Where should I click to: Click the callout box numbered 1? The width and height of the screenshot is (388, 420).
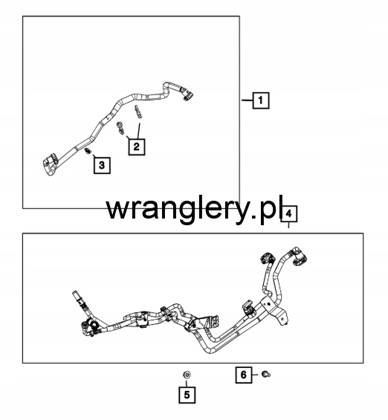(261, 100)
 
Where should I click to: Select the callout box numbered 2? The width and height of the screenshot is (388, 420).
(137, 146)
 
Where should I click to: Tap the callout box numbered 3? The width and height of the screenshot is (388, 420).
(102, 165)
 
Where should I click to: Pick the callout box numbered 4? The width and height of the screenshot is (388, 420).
(288, 214)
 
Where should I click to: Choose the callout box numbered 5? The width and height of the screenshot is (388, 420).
(187, 395)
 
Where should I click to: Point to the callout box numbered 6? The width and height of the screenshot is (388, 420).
(244, 375)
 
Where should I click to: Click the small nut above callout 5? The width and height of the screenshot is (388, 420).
(187, 375)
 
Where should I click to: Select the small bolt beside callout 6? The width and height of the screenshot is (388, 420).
(266, 374)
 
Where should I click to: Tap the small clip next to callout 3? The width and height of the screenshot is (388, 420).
(87, 151)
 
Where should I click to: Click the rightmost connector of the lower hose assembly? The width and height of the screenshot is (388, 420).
(300, 259)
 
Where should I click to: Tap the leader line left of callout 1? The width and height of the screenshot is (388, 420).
(248, 100)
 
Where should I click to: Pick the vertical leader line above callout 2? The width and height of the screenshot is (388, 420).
(139, 131)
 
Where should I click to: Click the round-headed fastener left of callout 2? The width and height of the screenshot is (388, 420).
(120, 128)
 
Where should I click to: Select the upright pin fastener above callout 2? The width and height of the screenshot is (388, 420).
(138, 111)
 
